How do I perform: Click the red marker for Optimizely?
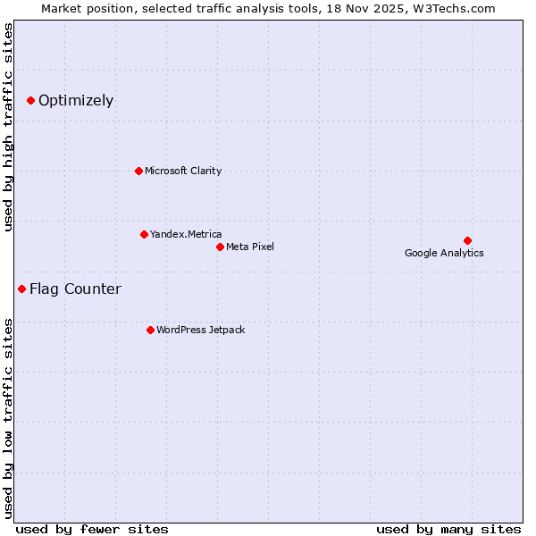coord(30,100)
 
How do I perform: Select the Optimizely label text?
coord(76,100)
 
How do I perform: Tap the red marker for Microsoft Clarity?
coord(138,171)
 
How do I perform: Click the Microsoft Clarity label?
coord(183,171)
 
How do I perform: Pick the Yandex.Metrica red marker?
coord(144,234)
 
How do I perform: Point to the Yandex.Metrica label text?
coord(186,234)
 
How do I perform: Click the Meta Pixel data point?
coord(220,247)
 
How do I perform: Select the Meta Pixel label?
coord(250,247)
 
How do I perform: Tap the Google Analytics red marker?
coord(467,240)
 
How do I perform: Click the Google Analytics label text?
coord(444,253)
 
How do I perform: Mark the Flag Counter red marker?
coord(21,289)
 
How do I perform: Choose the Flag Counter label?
coord(75,289)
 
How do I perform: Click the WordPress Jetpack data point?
coord(150,330)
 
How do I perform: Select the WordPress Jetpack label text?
coord(200,330)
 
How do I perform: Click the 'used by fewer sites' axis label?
coord(92,529)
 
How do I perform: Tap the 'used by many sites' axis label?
coord(448,529)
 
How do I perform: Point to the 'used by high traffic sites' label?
coord(8,127)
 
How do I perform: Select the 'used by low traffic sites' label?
coord(8,417)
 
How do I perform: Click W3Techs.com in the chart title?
coord(453,8)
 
